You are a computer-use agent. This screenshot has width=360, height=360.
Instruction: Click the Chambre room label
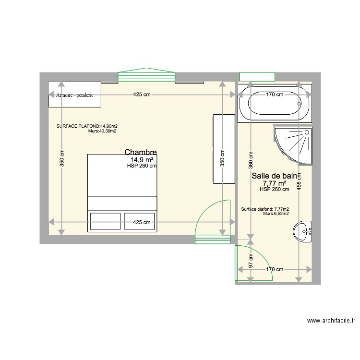pyautogui.click(x=140, y=152)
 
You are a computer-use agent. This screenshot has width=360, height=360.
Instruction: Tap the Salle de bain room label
pyautogui.click(x=275, y=176)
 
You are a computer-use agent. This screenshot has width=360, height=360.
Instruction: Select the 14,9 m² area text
pyautogui.click(x=142, y=159)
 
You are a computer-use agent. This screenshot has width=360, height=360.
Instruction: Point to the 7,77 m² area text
pyautogui.click(x=274, y=183)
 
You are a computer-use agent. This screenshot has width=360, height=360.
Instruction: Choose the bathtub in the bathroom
pyautogui.click(x=274, y=103)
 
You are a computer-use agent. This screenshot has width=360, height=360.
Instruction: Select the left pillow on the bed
pyautogui.click(x=105, y=221)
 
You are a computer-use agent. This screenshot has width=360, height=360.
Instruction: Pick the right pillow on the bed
pyautogui.click(x=140, y=221)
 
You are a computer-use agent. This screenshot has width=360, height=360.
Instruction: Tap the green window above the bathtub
pyautogui.click(x=257, y=76)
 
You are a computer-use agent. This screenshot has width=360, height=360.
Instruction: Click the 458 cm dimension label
pyautogui.click(x=299, y=183)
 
